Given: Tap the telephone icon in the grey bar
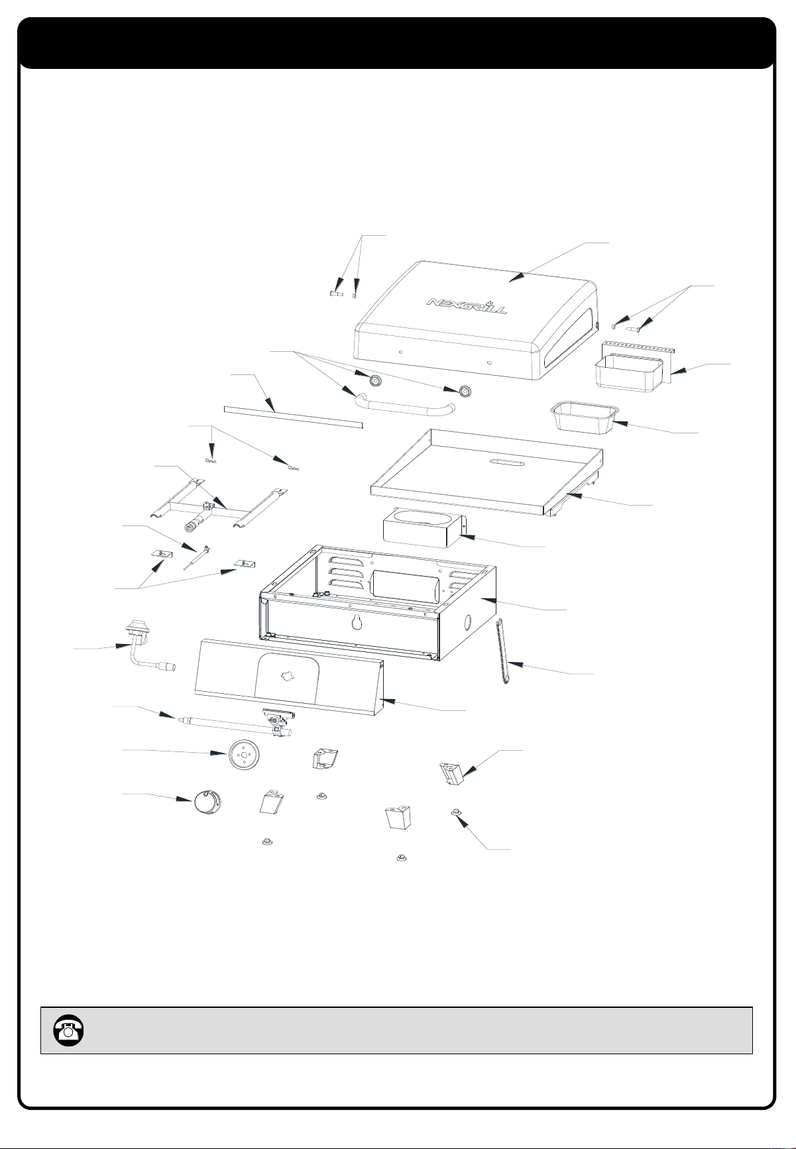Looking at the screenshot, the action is point(67,1030).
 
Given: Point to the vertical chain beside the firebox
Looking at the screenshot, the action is point(502,653).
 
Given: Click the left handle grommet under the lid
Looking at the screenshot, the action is point(375,381).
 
